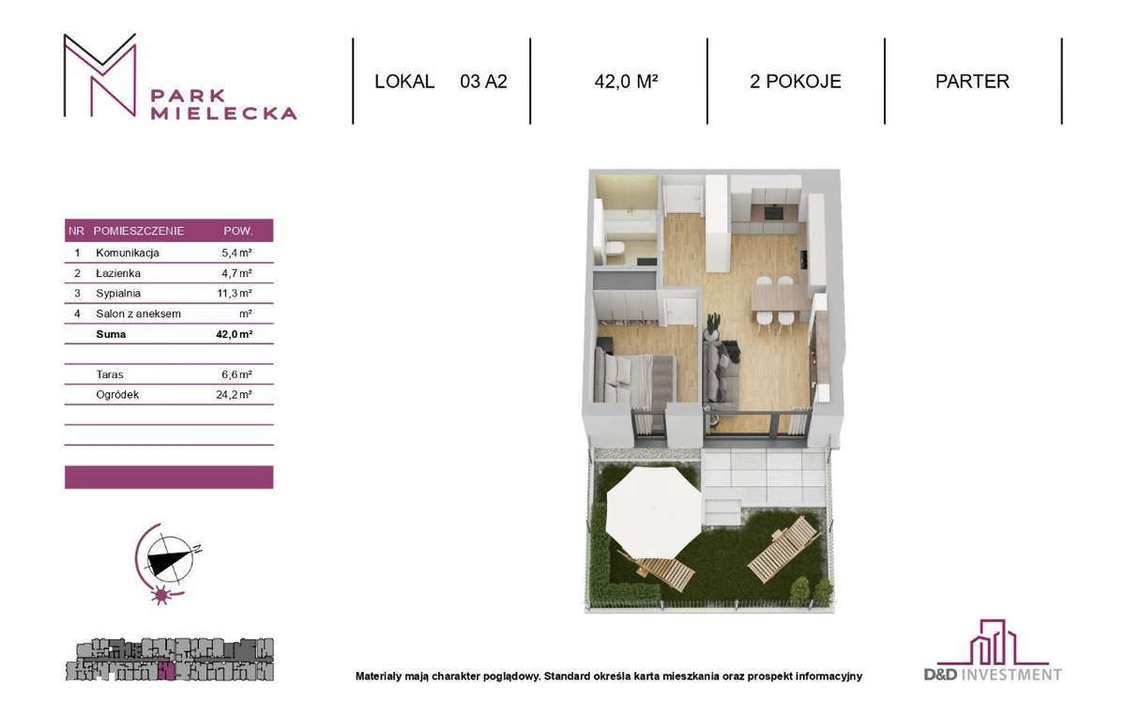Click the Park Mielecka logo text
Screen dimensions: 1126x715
223,104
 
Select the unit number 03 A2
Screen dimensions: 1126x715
483,82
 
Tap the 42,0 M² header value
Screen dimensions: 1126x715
627,82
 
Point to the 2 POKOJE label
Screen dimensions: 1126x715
796,82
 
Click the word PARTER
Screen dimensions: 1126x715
972,82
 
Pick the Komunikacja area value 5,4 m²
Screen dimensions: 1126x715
236,253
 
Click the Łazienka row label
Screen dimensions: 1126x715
118,273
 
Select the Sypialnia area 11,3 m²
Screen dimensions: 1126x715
235,293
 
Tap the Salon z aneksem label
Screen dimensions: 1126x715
138,313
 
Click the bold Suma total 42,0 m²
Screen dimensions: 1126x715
235,334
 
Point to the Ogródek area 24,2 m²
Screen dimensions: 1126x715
234,395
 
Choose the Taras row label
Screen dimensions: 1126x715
110,374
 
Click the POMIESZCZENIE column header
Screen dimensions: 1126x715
139,231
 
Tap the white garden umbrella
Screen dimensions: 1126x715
653,513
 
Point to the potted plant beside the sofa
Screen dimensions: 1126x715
712,327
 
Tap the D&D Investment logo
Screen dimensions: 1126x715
993,650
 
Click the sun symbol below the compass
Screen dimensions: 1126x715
160,595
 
